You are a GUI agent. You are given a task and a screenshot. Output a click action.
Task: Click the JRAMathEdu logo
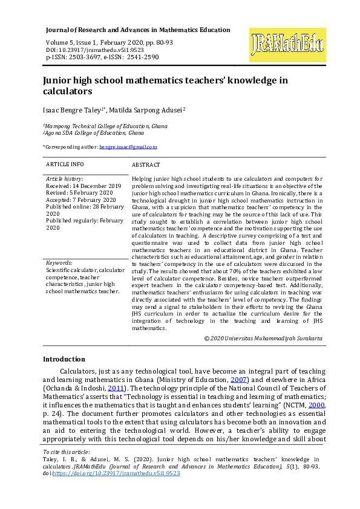pos(287,45)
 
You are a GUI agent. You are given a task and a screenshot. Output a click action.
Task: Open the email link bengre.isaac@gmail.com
pos(128,147)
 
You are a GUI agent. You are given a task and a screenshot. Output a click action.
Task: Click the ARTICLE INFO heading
pos(65,164)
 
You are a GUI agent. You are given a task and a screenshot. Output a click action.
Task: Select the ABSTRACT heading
pos(146,164)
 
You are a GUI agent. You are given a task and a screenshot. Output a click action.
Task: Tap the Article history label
pos(65,179)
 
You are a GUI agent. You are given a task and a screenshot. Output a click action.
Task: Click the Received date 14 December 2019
pos(83,186)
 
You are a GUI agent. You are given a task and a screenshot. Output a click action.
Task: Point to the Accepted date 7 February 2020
pos(81,200)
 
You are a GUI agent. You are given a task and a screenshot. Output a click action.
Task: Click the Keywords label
pos(59,263)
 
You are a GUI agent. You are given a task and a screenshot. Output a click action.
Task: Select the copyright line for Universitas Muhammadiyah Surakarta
pos(263,339)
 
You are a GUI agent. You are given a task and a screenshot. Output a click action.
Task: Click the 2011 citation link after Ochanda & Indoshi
pos(115,387)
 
